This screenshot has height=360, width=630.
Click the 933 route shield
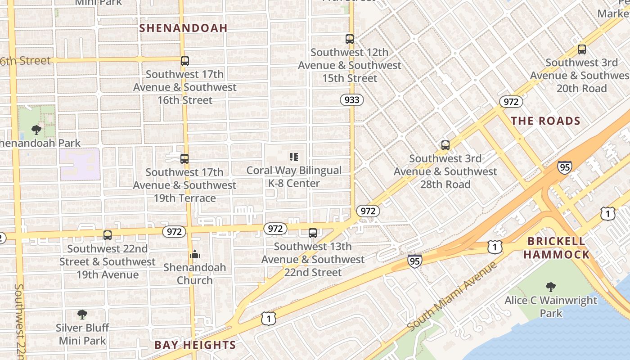[351, 100]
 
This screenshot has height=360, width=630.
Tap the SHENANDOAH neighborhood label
[183, 28]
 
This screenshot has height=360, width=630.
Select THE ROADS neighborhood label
[545, 121]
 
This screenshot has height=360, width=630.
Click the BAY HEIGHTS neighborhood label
[195, 345]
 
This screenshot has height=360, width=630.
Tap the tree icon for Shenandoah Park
[36, 130]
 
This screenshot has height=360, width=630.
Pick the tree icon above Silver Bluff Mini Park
[82, 315]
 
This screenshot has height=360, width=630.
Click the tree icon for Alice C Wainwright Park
[550, 287]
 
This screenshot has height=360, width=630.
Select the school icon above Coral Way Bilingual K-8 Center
[294, 157]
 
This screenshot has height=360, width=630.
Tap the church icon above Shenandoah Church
[194, 254]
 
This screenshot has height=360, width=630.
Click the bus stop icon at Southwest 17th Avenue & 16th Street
[184, 61]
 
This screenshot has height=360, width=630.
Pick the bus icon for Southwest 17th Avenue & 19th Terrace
[184, 159]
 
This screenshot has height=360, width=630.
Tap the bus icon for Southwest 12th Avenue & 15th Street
[350, 39]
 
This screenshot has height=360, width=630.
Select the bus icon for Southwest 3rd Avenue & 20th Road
[581, 49]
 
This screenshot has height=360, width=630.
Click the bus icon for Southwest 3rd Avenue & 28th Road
[445, 145]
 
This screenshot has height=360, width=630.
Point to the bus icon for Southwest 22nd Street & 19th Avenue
[107, 235]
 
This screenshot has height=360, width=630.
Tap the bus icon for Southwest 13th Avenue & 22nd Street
[312, 233]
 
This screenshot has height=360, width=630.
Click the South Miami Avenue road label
[452, 296]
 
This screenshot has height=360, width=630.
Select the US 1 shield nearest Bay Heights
[268, 319]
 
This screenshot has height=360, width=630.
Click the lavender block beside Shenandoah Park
[79, 164]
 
